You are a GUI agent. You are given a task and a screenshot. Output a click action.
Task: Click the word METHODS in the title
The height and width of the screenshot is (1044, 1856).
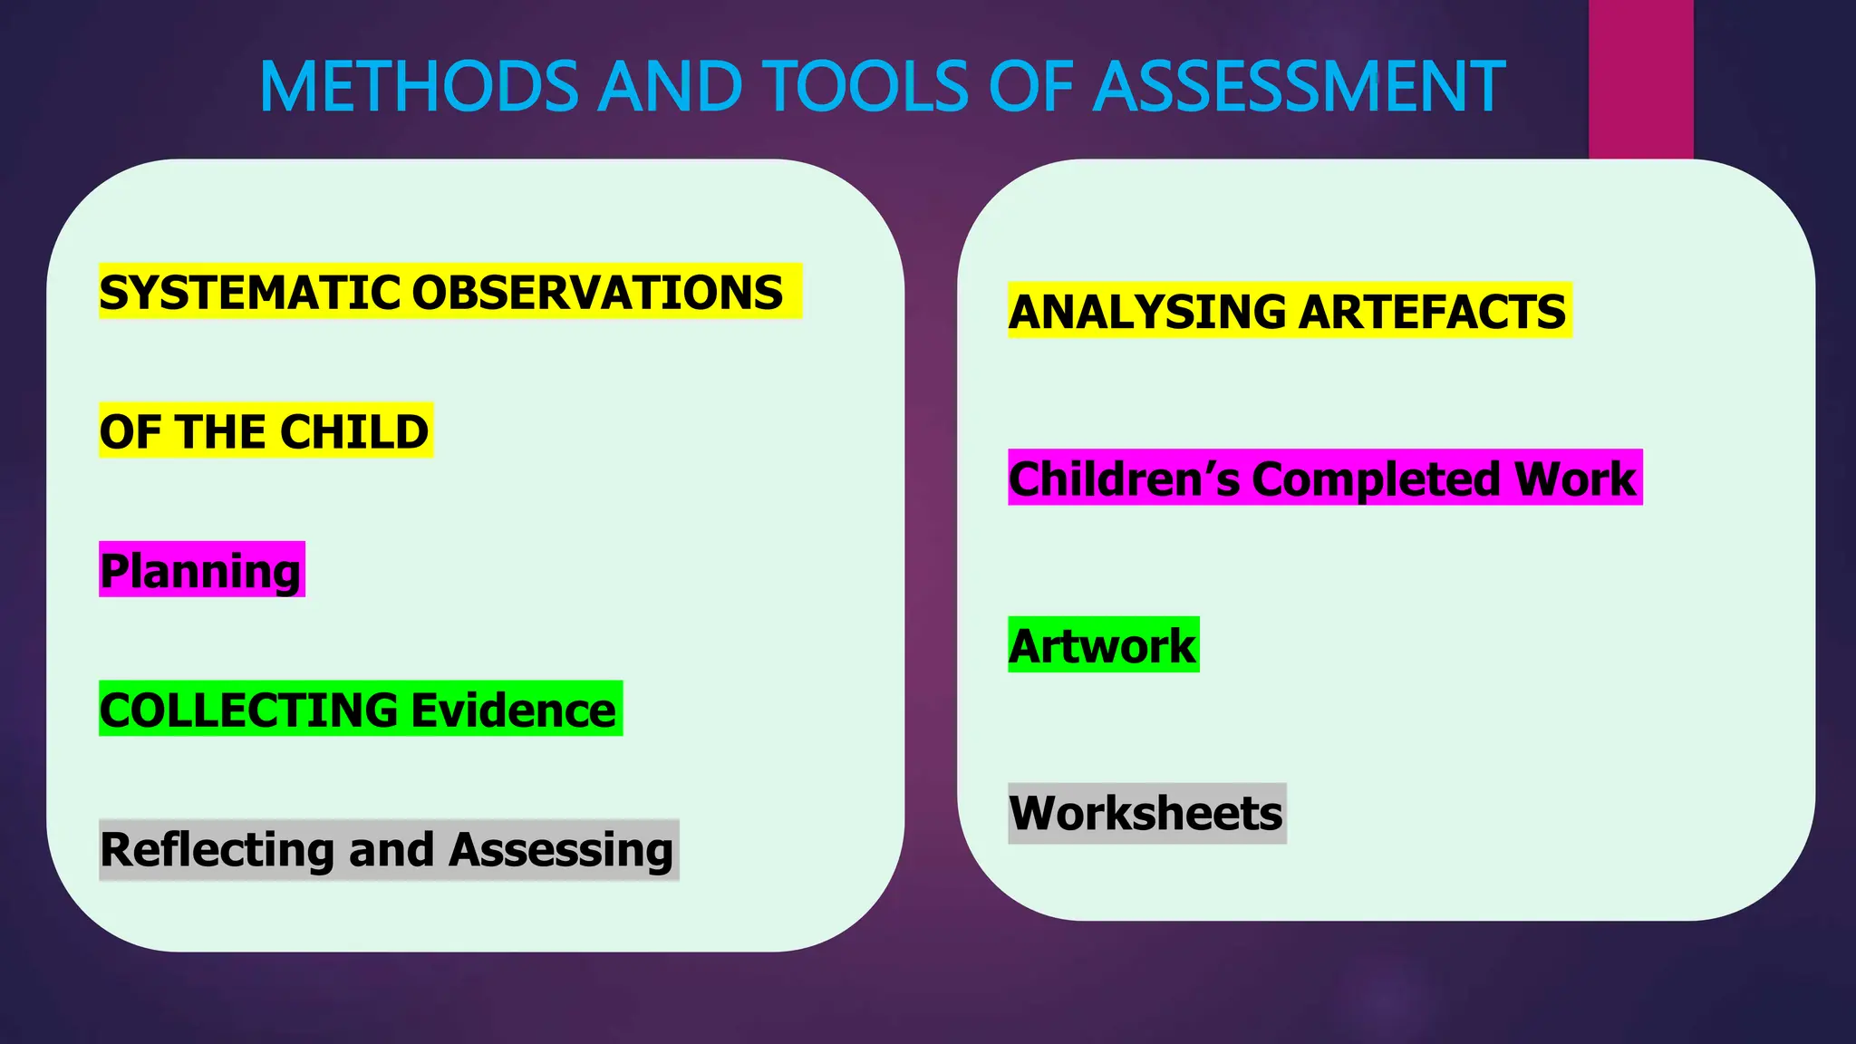click(419, 87)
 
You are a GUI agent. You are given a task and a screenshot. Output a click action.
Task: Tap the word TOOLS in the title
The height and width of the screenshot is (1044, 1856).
click(870, 87)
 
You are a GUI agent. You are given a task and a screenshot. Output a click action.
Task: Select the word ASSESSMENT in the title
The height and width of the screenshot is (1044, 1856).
click(1300, 87)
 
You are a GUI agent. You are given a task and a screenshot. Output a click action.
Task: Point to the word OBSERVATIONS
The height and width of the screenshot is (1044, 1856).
click(597, 293)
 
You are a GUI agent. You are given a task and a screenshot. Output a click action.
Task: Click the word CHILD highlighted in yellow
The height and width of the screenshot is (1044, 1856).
click(354, 431)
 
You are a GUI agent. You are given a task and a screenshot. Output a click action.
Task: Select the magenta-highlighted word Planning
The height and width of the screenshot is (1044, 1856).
click(201, 571)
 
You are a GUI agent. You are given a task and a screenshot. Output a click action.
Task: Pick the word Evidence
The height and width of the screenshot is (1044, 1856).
click(514, 710)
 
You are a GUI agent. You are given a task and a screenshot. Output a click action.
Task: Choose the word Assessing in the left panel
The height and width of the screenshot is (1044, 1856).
click(561, 850)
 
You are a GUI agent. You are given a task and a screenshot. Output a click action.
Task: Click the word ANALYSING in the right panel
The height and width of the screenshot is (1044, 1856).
click(1147, 312)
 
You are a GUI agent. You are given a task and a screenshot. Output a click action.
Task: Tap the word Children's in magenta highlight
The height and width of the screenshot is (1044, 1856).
click(1124, 478)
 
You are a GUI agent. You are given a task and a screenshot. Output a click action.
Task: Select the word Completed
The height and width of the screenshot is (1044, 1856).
click(1375, 478)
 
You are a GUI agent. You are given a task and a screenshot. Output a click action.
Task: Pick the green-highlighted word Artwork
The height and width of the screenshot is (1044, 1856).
click(1103, 646)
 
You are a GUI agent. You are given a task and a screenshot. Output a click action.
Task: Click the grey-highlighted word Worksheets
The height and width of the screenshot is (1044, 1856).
click(1146, 814)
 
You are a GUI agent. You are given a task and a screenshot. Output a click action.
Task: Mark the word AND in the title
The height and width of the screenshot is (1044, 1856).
click(672, 87)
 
